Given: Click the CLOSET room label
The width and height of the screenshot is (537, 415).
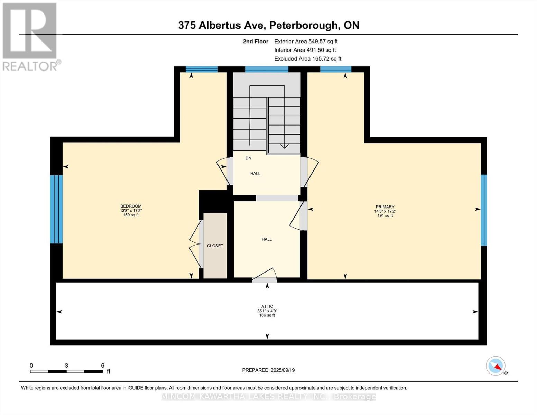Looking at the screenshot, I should tap(215, 246).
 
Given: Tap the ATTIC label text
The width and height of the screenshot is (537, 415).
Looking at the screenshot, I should tap(267, 306).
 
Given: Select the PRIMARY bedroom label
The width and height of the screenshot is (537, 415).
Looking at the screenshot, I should tap(385, 207).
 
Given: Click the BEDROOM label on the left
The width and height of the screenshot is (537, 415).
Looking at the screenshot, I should tap(131, 206).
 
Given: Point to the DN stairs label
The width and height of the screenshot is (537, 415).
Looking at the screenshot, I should tap(248, 158).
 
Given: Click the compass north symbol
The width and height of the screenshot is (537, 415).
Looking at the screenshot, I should tap(496, 366).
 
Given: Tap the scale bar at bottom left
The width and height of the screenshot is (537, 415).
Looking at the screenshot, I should tap(66, 371).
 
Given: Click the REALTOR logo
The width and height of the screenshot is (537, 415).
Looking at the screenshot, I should tap(30, 36).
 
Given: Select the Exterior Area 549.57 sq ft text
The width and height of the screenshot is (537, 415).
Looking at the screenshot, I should tap(306, 41).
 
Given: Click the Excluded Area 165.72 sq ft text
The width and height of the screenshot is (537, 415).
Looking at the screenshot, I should tap(307, 59).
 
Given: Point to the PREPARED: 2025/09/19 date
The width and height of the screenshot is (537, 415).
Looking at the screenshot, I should tap(268, 370).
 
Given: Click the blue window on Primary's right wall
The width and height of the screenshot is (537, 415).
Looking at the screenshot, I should tap(484, 210).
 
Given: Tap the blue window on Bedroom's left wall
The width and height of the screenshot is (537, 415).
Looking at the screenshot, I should tap(56, 209).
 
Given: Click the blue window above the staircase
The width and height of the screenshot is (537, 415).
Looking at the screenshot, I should tap(267, 69).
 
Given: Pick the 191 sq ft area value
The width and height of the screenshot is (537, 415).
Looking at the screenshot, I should tap(385, 216).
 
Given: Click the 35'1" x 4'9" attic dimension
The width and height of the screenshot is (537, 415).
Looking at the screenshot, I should tap(267, 311).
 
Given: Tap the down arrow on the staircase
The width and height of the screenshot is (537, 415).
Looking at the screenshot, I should tap(284, 146).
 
